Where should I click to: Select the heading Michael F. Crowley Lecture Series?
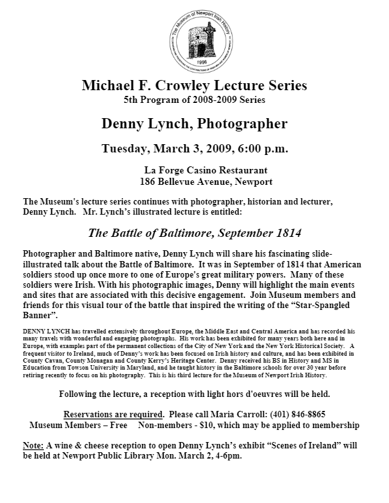(194, 86)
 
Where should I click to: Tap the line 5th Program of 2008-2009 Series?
(194, 100)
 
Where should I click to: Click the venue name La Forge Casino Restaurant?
(196, 170)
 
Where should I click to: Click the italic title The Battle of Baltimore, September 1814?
(194, 232)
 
